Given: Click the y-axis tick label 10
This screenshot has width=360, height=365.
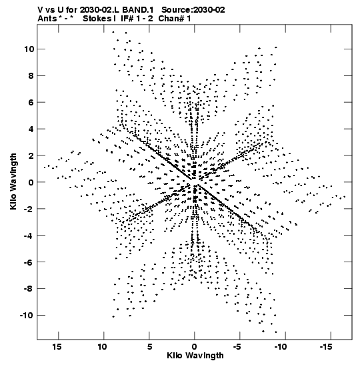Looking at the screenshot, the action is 29,49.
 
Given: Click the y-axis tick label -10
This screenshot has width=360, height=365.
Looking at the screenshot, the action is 27,316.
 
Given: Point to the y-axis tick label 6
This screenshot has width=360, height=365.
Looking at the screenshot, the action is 31,102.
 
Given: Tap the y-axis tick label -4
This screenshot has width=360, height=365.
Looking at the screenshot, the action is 29,236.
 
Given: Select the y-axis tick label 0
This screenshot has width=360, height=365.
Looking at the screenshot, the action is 31,182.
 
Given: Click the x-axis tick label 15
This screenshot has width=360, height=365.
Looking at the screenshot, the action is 57,347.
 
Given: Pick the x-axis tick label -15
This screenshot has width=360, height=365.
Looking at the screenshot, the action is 325,347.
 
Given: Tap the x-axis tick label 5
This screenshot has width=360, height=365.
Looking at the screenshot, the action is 149,347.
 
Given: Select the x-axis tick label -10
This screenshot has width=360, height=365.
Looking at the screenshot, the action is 281,347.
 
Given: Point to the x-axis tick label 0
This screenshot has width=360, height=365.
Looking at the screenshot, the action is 195,347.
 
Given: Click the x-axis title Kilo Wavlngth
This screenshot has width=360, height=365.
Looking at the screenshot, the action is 195,356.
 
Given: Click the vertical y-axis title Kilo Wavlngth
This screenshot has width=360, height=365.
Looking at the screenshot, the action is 13,181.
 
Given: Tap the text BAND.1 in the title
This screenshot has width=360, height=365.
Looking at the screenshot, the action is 138,10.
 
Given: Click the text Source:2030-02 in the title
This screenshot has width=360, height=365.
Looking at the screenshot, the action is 193,10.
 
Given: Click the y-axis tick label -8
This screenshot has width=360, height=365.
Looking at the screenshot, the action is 29,289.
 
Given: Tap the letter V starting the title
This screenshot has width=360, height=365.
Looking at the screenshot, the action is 41,10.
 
